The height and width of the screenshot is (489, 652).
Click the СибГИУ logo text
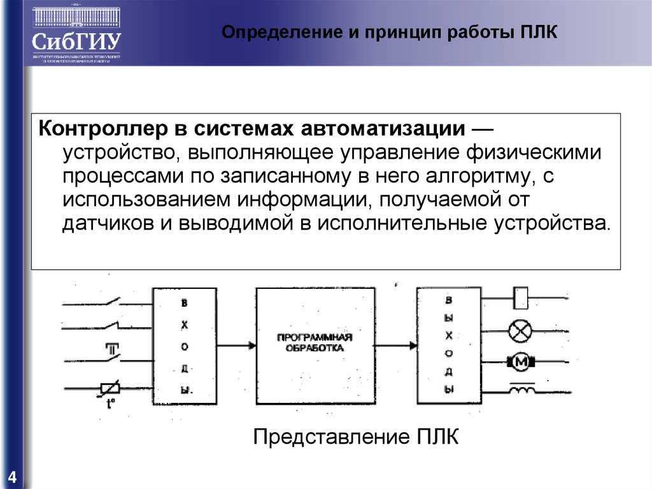coord(76,42)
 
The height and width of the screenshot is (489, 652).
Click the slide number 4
coord(12,478)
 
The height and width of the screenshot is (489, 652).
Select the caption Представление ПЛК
coord(356,438)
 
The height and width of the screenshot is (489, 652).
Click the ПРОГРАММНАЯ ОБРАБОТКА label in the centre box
coord(315,342)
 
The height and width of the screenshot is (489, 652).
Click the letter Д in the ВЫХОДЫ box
coord(449,372)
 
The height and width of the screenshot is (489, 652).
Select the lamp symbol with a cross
coord(521,331)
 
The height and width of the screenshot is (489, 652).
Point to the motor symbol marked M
coord(522,362)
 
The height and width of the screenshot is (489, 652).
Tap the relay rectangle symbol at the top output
coord(521,295)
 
